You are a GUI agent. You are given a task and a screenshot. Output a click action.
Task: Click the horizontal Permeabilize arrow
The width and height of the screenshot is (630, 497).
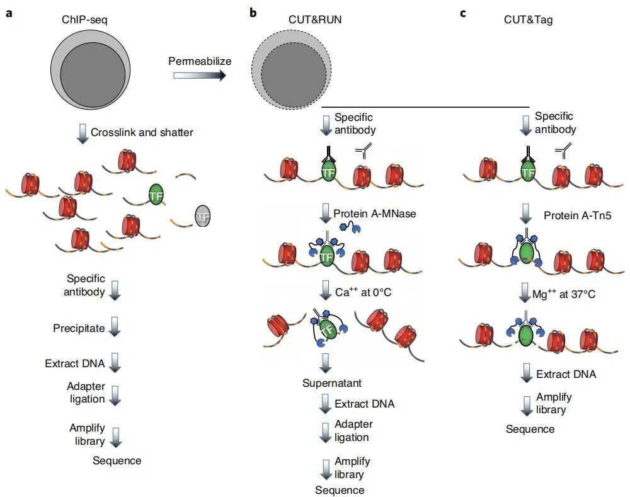[199, 76]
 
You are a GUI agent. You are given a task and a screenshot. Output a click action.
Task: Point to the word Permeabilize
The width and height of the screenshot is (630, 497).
[200, 61]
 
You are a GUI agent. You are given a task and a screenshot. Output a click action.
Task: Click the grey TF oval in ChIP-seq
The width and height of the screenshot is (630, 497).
[202, 217]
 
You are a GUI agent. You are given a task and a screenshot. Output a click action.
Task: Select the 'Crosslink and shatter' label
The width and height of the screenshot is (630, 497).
[142, 132]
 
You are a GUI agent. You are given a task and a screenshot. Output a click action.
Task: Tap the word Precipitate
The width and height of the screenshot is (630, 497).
[79, 328]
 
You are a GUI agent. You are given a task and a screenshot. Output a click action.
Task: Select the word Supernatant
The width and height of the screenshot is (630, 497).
[331, 383]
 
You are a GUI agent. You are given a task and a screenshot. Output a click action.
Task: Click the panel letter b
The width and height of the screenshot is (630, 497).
[253, 13]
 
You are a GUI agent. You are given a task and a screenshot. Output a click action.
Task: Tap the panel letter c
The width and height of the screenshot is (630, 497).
[463, 13]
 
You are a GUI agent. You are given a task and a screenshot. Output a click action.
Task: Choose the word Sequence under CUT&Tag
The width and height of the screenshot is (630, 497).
[530, 429]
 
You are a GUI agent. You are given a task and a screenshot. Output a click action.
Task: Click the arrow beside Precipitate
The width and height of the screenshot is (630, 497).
[115, 328]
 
